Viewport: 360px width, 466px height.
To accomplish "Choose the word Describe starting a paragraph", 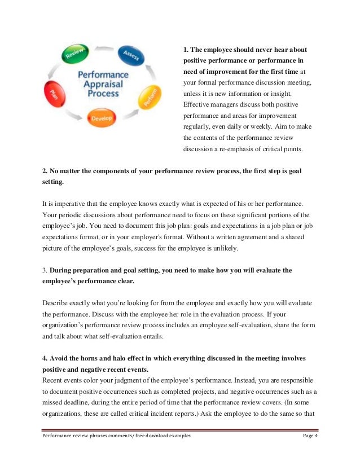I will coord(56,302).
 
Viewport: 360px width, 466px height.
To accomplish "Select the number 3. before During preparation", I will coord(45,270).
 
